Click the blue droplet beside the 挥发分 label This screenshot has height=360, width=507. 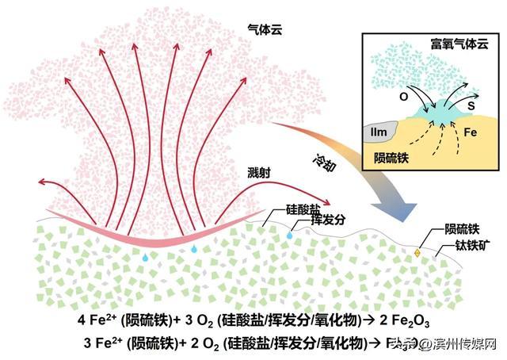(290, 236)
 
